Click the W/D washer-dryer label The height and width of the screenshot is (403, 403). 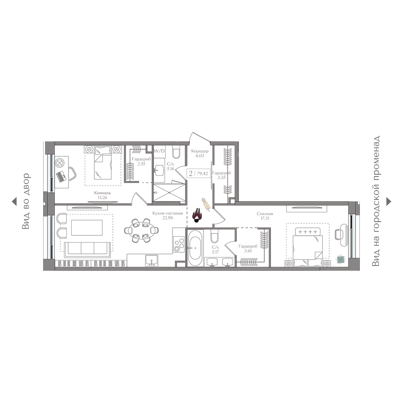coord(159,151)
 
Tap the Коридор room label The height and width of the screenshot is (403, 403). coord(200,151)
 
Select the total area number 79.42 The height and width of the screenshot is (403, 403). coord(202,173)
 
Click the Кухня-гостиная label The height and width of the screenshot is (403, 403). coord(168,213)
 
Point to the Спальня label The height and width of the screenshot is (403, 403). coord(265,214)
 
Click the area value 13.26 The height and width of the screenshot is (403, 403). coord(102,197)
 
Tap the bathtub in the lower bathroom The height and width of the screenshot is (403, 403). coord(195,248)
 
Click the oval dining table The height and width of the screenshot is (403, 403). coord(141,231)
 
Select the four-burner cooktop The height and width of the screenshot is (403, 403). coord(179,245)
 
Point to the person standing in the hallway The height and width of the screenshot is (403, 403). coord(197,215)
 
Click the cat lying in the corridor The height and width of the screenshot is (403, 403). coord(206,204)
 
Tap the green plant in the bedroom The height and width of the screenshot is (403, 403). coord(341,260)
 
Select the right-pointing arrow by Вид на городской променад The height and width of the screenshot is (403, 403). coord(388,201)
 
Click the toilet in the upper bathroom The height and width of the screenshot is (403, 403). coord(177,152)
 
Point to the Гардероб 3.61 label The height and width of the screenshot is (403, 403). coord(248,248)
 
